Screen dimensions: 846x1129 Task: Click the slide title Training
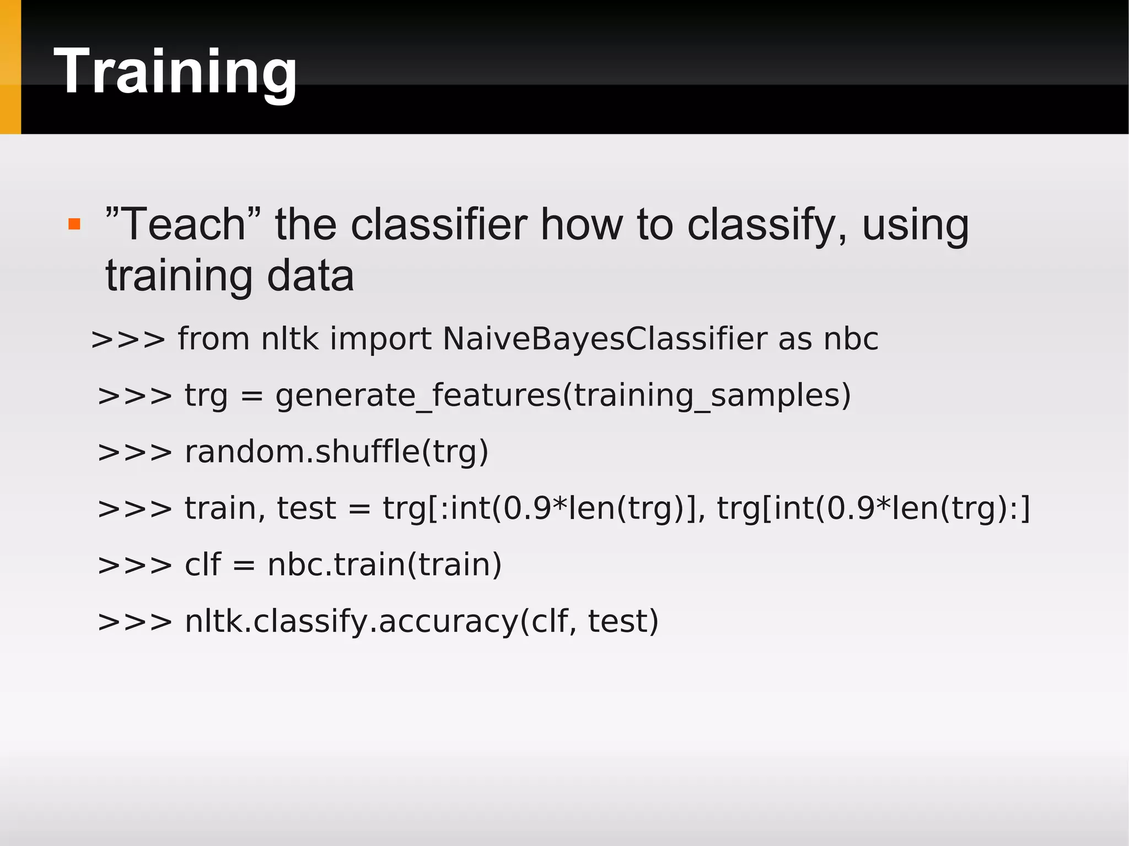coord(175,72)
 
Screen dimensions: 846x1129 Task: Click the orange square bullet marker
coord(74,224)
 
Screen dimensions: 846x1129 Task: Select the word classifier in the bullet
coord(439,224)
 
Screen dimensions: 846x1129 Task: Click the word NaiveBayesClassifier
coord(604,338)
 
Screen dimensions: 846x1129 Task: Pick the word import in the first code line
coord(380,338)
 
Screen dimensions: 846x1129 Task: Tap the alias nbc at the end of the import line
coord(851,338)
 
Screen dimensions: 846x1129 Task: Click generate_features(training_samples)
coord(563,396)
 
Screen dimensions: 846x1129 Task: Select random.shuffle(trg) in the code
coord(336,452)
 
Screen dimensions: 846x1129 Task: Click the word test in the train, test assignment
coord(306,508)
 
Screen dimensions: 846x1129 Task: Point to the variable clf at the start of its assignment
coord(202,565)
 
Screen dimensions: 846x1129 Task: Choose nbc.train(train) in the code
coord(384,565)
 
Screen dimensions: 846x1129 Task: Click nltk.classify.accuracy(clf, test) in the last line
coord(422,622)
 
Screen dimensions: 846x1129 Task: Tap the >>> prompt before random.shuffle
coord(135,452)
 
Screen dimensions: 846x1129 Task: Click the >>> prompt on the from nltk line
coord(128,338)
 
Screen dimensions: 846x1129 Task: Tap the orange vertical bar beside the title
coord(10,67)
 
